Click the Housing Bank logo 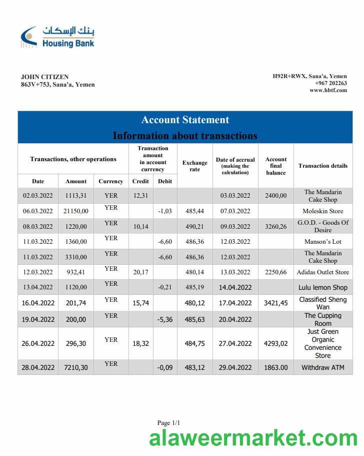pyautogui.click(x=57, y=37)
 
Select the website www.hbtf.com pyautogui.click(x=328, y=90)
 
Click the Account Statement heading pyautogui.click(x=185, y=120)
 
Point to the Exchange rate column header pyautogui.click(x=194, y=166)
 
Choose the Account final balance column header pyautogui.click(x=276, y=166)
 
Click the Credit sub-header pyautogui.click(x=140, y=181)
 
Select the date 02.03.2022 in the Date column pyautogui.click(x=38, y=196)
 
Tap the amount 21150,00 pyautogui.click(x=76, y=211)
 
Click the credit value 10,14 pyautogui.click(x=140, y=226)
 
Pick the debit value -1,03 pyautogui.click(x=165, y=211)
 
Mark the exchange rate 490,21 pyautogui.click(x=194, y=226)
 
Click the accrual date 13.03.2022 pyautogui.click(x=235, y=272)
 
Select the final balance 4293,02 pyautogui.click(x=276, y=343)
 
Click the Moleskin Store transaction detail pyautogui.click(x=322, y=211)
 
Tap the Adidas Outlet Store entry pyautogui.click(x=322, y=272)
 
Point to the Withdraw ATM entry pyautogui.click(x=322, y=367)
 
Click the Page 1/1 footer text pyautogui.click(x=168, y=423)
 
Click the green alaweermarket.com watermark pyautogui.click(x=253, y=439)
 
